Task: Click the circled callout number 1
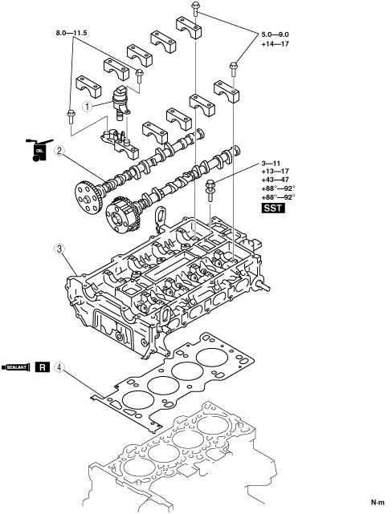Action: (87, 106)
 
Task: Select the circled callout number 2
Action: (59, 151)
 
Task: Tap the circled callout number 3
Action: (59, 249)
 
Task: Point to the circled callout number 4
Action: (59, 367)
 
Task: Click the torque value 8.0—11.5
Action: (71, 33)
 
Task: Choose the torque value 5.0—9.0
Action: (275, 34)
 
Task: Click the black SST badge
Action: (273, 208)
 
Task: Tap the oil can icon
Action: (39, 150)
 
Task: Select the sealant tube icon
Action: (16, 367)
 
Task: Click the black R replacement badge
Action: (43, 367)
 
